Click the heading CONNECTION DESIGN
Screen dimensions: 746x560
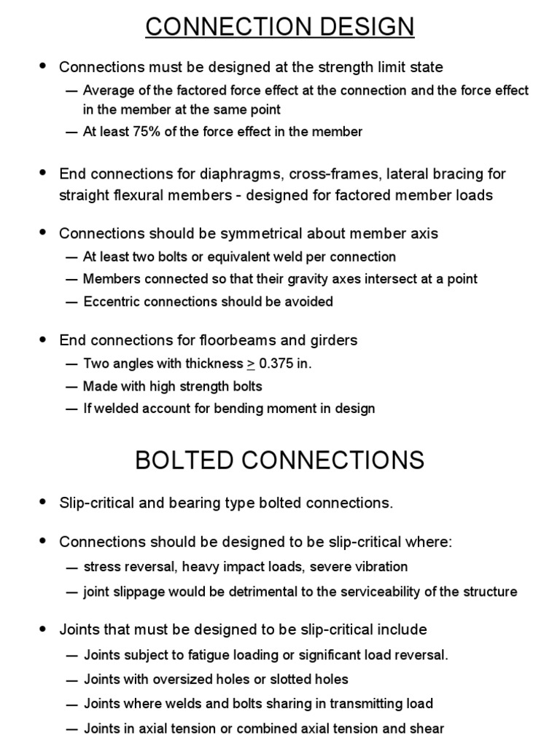click(x=280, y=26)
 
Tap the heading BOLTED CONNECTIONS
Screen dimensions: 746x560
click(x=280, y=460)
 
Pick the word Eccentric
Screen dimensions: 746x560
click(x=112, y=302)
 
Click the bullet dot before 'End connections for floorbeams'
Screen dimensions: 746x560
click(x=42, y=339)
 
